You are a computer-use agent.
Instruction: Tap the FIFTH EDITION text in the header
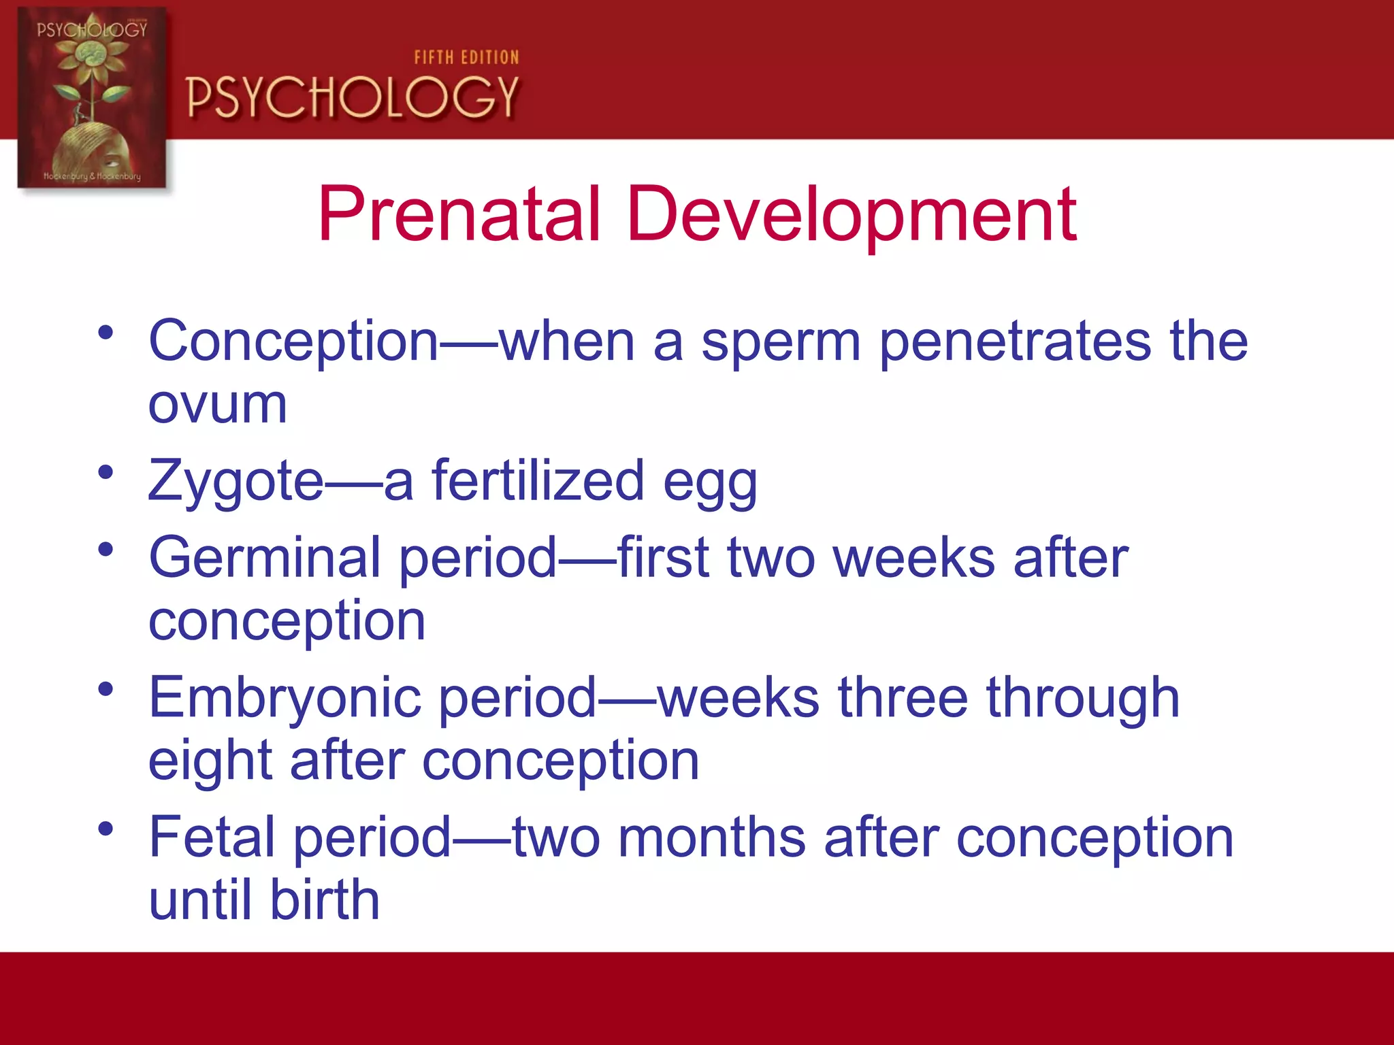pyautogui.click(x=466, y=58)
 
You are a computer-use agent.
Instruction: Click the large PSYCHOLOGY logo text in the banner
pyautogui.click(x=352, y=97)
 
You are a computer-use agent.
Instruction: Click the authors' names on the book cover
pyautogui.click(x=92, y=176)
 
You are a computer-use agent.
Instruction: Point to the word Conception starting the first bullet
pyautogui.click(x=293, y=342)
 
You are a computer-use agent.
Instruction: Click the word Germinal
pyautogui.click(x=265, y=558)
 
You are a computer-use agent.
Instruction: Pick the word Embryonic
pyautogui.click(x=285, y=698)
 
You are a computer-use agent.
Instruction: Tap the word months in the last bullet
pyautogui.click(x=712, y=837)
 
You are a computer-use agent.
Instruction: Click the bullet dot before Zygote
pyautogui.click(x=106, y=471)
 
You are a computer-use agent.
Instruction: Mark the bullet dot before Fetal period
pyautogui.click(x=106, y=828)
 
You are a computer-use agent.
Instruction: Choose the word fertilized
pyautogui.click(x=538, y=480)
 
